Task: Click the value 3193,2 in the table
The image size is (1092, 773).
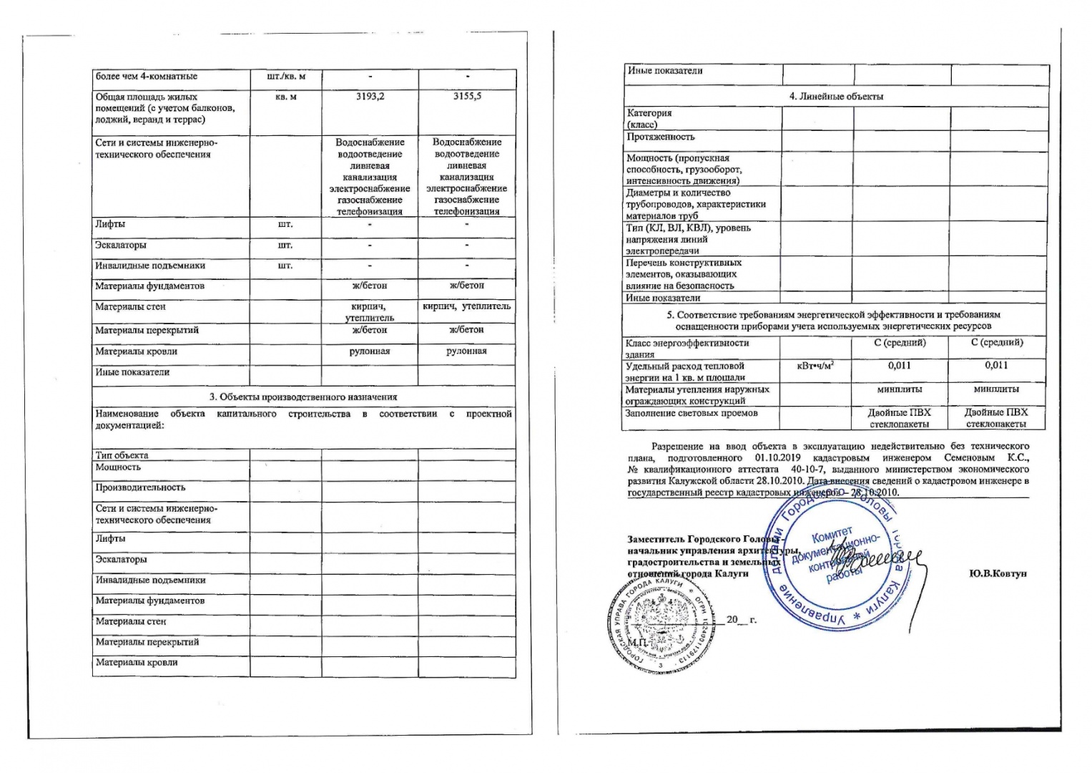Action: tap(370, 97)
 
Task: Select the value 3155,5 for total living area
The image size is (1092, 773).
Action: tap(467, 97)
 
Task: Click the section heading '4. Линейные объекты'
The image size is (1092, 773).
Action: tap(836, 97)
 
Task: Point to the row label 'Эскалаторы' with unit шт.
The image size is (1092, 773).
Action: tap(121, 245)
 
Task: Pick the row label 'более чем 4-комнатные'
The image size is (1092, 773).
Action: tap(147, 77)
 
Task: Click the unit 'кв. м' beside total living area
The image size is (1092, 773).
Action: tap(285, 97)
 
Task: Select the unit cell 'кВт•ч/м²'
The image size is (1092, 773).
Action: tap(815, 366)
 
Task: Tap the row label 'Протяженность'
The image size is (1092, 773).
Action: tap(661, 137)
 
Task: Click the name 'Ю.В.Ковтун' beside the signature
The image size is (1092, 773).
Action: tap(998, 574)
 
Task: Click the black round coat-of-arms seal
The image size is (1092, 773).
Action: tap(652, 627)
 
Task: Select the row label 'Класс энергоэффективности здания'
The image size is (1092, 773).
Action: tap(677, 348)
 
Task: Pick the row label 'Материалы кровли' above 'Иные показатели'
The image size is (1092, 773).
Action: tap(137, 351)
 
